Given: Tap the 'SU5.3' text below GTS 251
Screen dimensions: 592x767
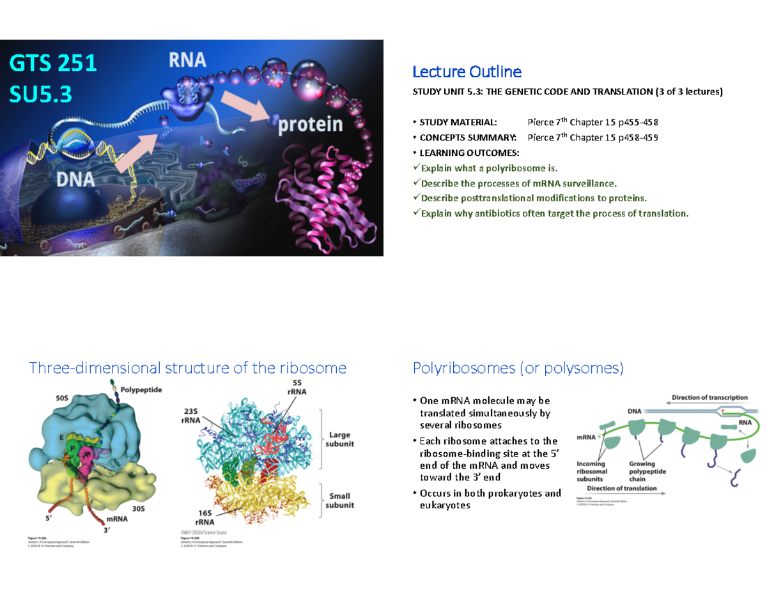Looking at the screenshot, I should (x=41, y=95).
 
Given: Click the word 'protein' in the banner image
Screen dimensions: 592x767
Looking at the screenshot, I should (x=310, y=124).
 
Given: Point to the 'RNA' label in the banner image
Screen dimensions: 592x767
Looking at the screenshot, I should (x=187, y=60).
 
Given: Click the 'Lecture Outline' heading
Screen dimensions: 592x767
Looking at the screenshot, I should (x=467, y=71).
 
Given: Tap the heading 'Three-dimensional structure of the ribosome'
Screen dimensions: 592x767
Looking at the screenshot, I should (x=188, y=368).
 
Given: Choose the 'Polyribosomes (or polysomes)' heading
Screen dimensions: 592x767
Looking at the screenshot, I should (x=518, y=368).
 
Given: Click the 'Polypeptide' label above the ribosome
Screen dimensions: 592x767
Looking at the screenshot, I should (x=141, y=388).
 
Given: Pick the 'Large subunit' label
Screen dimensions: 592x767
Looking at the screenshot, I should (x=341, y=440).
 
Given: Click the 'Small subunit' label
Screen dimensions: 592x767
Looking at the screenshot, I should (x=341, y=500).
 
